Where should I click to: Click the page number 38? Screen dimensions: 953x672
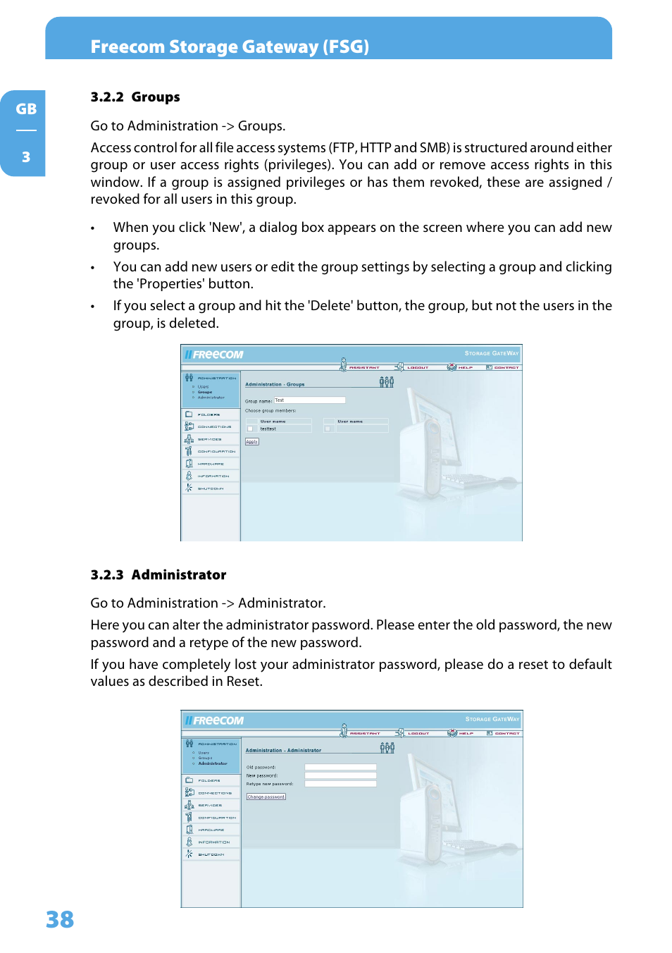coord(60,919)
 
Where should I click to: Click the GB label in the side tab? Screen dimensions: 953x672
coord(26,109)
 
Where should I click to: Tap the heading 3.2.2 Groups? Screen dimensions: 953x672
coord(135,97)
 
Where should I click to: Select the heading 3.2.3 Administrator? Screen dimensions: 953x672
coord(158,575)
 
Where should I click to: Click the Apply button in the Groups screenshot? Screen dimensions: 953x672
coord(251,442)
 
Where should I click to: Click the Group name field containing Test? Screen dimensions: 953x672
coord(309,400)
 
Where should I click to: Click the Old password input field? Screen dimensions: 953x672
coord(340,767)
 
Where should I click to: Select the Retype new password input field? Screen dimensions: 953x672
coord(340,784)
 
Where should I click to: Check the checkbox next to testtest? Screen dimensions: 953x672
coord(250,429)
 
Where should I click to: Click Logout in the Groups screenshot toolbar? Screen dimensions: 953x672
coord(417,367)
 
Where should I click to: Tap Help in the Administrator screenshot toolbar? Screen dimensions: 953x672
coord(466,733)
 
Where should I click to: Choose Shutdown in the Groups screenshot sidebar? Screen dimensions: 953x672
coord(211,488)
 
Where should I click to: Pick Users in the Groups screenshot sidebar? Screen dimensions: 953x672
coord(203,386)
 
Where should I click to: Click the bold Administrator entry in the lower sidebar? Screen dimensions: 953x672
coord(213,763)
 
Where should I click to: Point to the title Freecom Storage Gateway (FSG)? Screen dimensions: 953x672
coord(230,47)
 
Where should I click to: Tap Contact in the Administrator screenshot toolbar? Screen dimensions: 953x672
coord(506,733)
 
